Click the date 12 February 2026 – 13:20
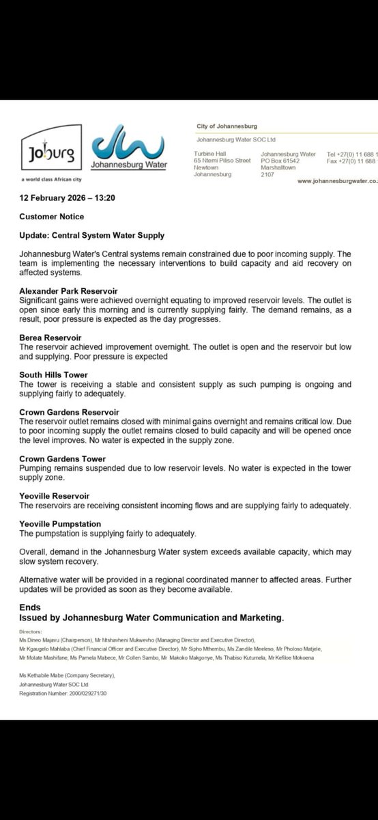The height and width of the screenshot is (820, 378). (x=62, y=197)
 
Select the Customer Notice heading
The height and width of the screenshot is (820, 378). (x=52, y=217)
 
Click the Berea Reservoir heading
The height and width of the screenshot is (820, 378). (x=50, y=338)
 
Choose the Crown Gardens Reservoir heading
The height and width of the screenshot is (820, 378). (x=69, y=412)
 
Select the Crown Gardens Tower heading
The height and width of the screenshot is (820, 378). (x=62, y=459)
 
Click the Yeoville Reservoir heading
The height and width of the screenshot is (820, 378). (x=54, y=496)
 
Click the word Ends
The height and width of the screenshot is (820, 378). (x=30, y=607)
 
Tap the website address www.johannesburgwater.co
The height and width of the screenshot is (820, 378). (x=337, y=181)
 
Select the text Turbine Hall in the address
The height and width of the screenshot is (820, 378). (x=209, y=154)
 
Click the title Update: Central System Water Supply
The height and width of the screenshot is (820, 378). (x=91, y=236)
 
